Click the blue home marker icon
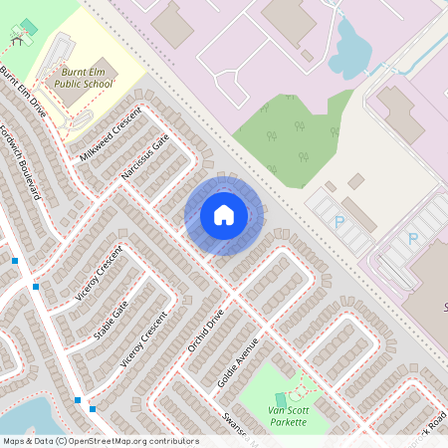tap(224, 215)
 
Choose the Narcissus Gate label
tap(145, 155)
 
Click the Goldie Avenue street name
tap(237, 361)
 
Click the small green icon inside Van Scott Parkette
tap(280, 399)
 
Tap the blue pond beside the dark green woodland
tap(348, 50)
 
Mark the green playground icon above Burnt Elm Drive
tap(28, 26)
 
